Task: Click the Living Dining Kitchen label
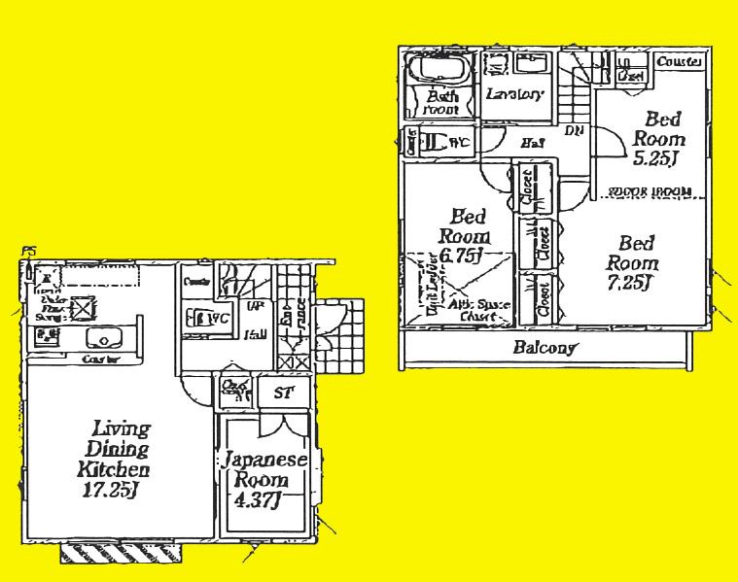[121, 450]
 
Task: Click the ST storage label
[284, 393]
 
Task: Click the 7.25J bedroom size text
[631, 283]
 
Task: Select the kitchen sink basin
[101, 338]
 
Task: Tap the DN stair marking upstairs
[574, 132]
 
